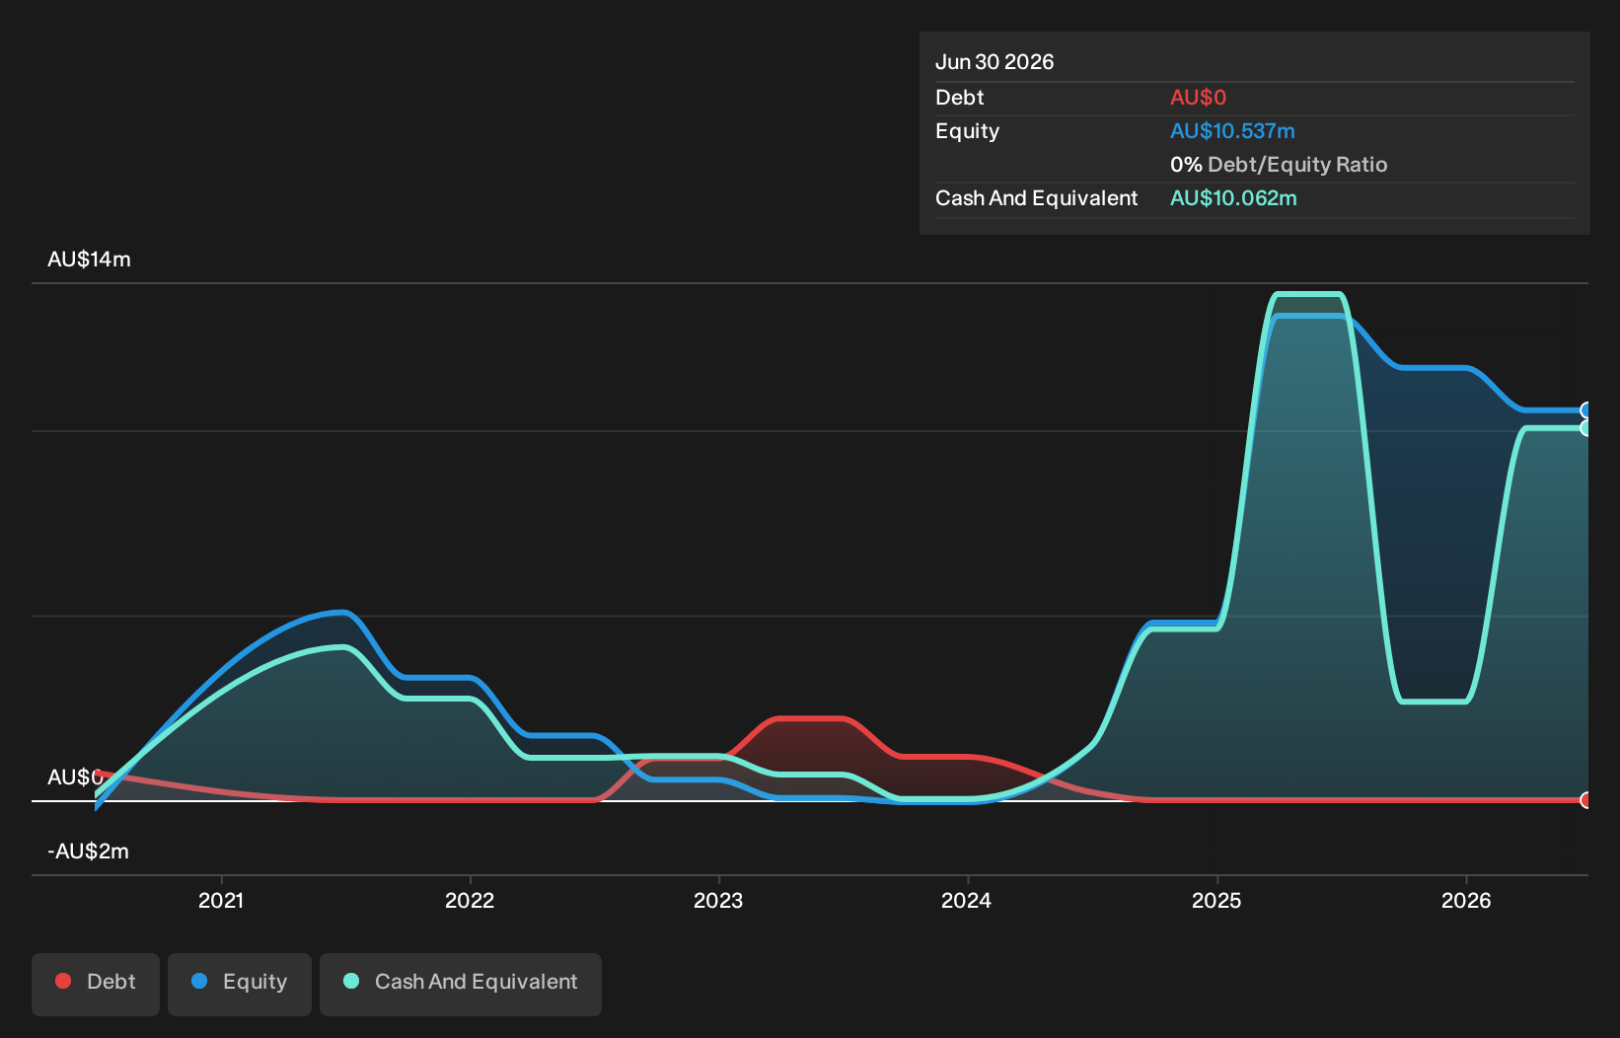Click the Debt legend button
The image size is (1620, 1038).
click(96, 984)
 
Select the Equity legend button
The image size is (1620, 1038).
click(240, 984)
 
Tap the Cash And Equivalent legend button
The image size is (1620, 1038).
click(461, 984)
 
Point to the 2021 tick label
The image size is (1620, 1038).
click(221, 900)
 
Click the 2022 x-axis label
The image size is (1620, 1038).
click(470, 900)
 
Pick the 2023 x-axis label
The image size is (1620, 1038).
click(718, 900)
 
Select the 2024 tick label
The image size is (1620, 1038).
click(967, 900)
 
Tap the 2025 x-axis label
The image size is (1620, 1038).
click(1216, 900)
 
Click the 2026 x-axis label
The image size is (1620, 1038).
click(1466, 900)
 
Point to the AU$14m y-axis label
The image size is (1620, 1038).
click(89, 259)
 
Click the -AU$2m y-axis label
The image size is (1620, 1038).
click(88, 851)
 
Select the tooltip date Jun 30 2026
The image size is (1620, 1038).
click(994, 62)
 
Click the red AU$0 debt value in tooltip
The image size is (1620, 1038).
click(1199, 97)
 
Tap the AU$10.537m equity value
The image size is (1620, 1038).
click(1232, 131)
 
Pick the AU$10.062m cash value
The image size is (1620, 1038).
click(1234, 198)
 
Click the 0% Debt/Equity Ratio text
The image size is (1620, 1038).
click(1279, 164)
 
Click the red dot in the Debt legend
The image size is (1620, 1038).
click(64, 981)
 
